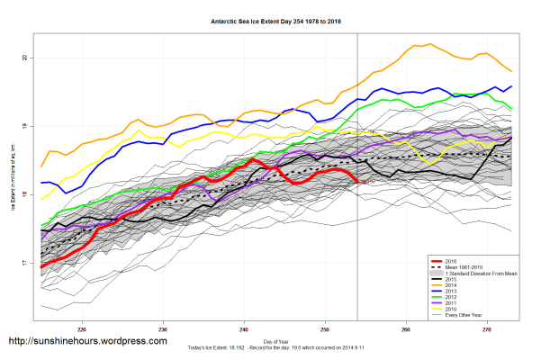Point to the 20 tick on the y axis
tap(25, 58)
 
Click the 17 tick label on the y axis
tap(25, 263)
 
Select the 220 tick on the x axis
tap(83, 328)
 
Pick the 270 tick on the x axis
tap(487, 328)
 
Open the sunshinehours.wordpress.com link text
tap(87, 342)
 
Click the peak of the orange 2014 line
tap(417, 44)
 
